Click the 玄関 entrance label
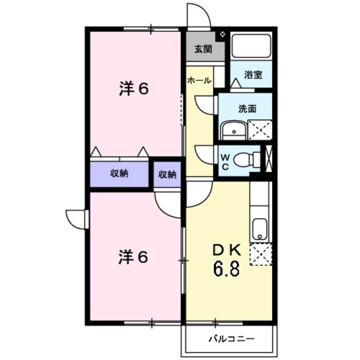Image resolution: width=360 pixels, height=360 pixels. pyautogui.click(x=204, y=49)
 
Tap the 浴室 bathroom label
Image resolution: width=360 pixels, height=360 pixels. pyautogui.click(x=253, y=74)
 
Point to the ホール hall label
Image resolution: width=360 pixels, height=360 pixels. pyautogui.click(x=199, y=80)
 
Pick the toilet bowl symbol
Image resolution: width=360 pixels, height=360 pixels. pyautogui.click(x=245, y=160)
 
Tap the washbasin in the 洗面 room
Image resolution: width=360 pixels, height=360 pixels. pyautogui.click(x=231, y=130)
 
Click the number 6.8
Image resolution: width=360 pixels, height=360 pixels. pyautogui.click(x=226, y=269)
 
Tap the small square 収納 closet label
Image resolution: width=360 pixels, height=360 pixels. pyautogui.click(x=167, y=174)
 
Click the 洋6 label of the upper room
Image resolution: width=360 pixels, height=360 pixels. pyautogui.click(x=133, y=89)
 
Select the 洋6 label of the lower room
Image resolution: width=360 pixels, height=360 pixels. pyautogui.click(x=133, y=257)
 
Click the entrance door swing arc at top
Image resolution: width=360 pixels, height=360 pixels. pyautogui.click(x=198, y=15)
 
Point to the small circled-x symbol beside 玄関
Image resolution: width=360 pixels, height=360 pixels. pyautogui.click(x=223, y=34)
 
